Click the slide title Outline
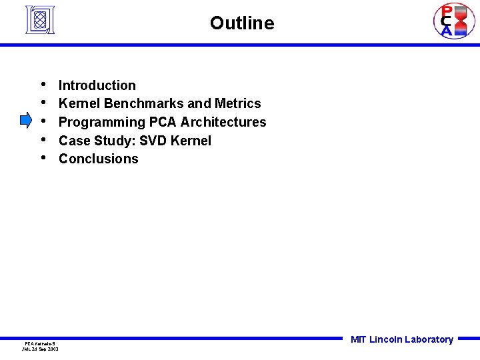241,23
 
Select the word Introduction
97,85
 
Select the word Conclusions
99,159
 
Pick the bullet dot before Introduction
43,85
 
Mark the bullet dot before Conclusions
43,158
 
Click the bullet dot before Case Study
43,140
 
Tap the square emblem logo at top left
39,20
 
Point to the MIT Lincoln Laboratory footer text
401,339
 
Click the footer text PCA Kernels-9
40,343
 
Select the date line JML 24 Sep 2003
40,349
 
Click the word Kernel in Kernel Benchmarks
79,103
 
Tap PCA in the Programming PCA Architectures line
163,122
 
